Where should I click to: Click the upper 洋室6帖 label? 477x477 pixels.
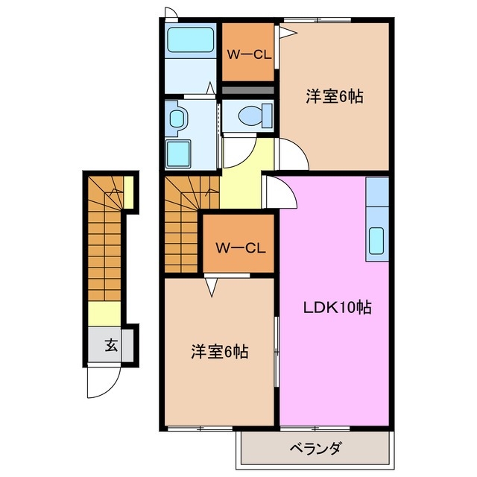tap(334, 97)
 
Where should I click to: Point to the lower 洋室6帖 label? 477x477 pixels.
tap(219, 351)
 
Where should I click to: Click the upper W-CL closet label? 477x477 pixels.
tap(249, 54)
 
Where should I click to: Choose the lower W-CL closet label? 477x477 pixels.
tap(237, 247)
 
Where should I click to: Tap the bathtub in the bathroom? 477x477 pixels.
tap(190, 39)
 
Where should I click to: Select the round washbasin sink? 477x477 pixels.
tap(177, 118)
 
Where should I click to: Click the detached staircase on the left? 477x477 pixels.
tap(105, 238)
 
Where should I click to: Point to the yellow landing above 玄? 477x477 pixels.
tap(105, 313)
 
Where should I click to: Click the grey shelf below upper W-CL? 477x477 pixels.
tap(249, 90)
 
